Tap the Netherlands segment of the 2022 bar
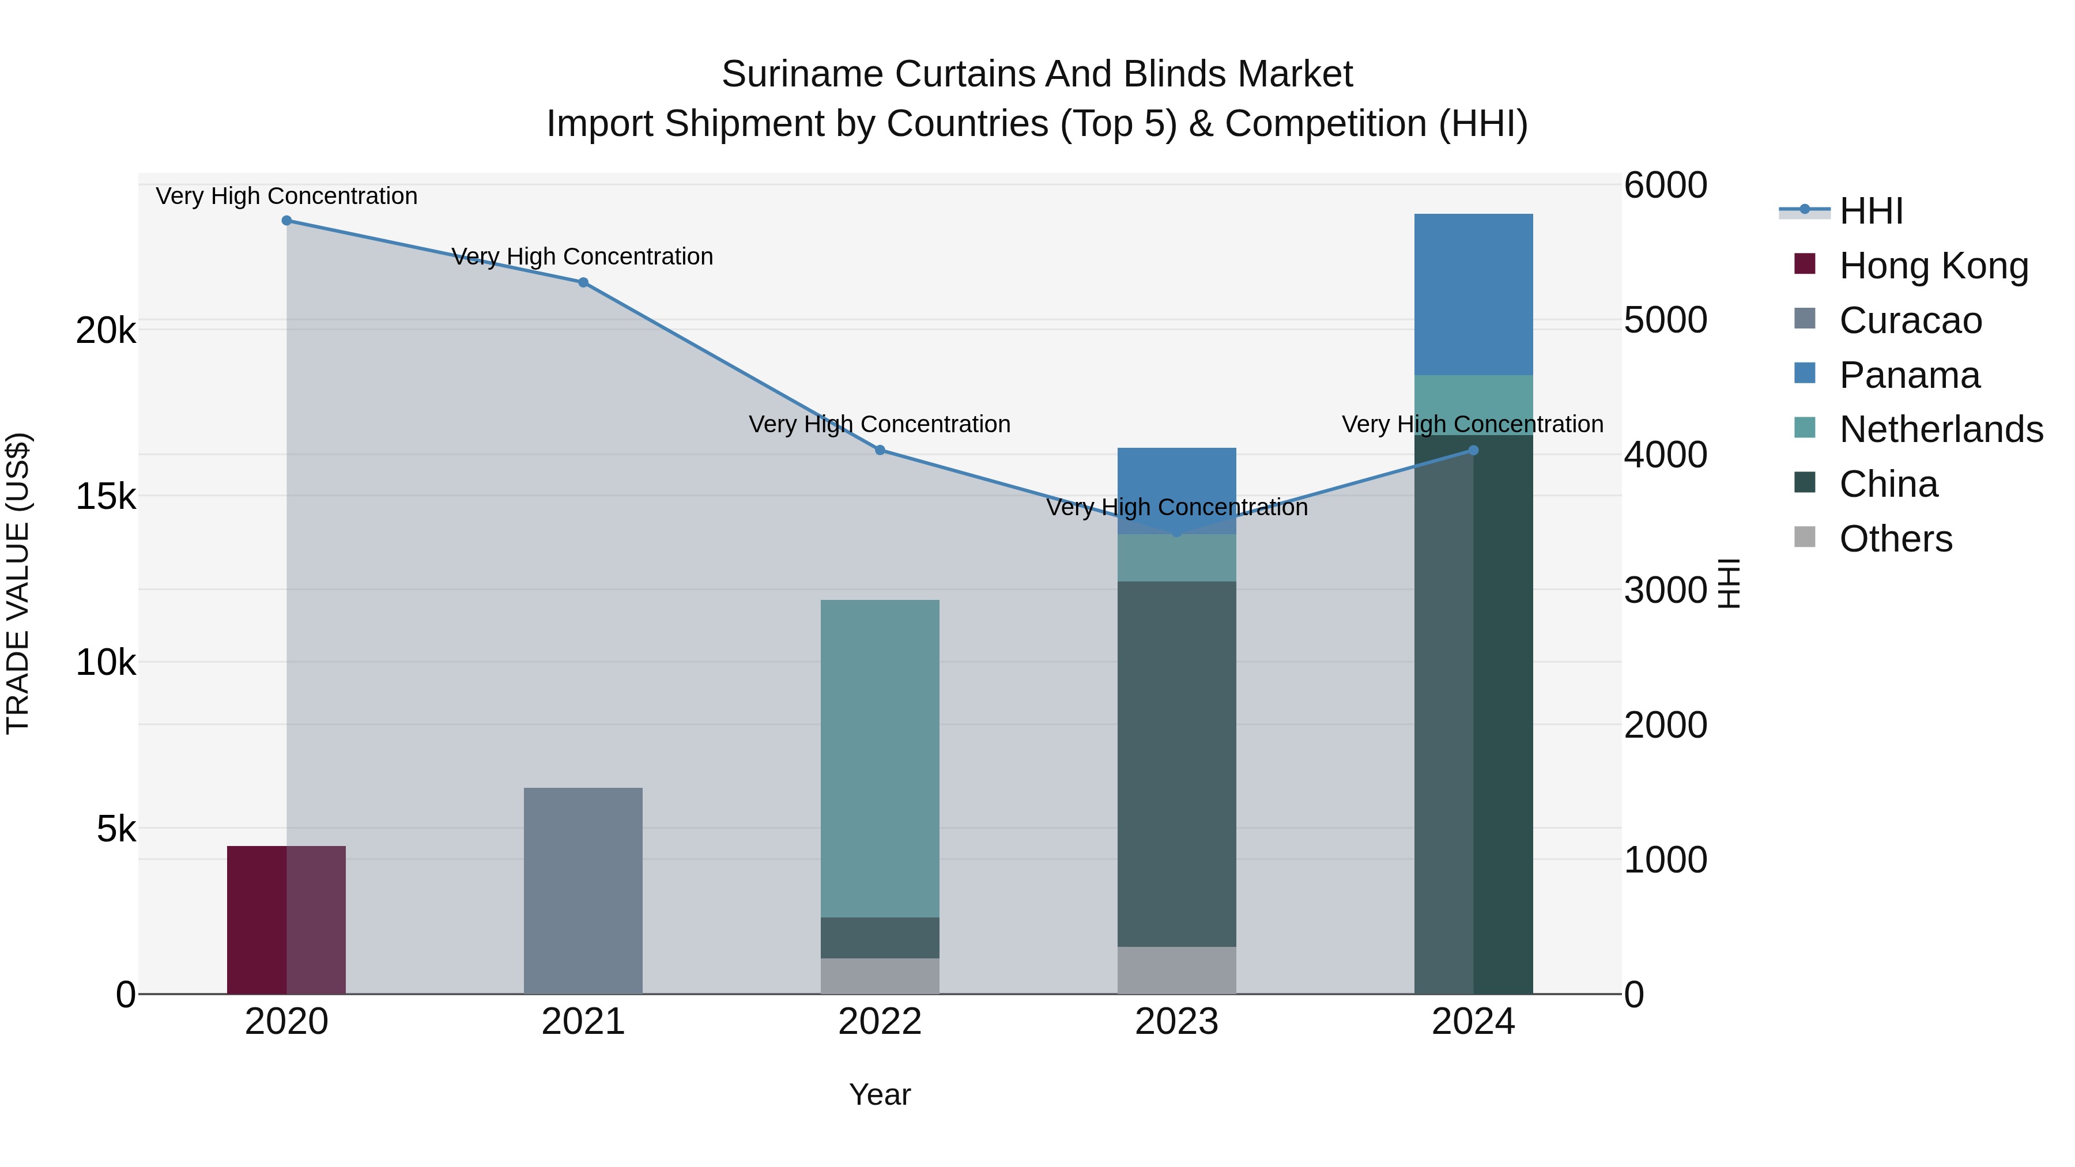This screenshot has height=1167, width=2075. (880, 758)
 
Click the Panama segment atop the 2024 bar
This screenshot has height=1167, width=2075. (1473, 294)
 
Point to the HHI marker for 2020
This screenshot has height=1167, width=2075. (287, 221)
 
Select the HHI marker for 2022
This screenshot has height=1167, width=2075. (880, 450)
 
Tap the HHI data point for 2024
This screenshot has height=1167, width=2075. (1473, 450)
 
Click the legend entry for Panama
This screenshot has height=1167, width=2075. (1908, 375)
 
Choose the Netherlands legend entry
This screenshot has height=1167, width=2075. (1940, 429)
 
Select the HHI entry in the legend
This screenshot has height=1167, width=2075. (1870, 211)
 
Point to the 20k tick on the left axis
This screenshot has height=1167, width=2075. (105, 330)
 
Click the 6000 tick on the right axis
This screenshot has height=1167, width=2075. (1664, 185)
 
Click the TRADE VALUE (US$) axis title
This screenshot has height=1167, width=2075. (18, 583)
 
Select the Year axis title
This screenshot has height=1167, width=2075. (880, 1094)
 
